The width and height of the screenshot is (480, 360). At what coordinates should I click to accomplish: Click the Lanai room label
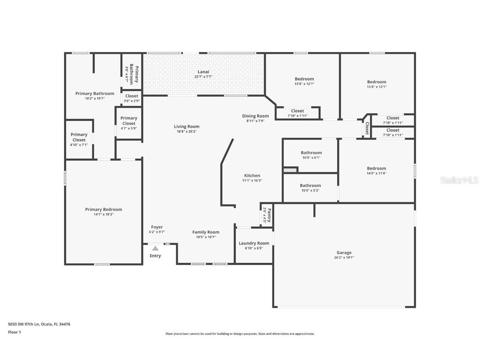point(203,72)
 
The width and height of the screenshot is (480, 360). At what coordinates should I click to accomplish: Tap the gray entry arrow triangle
point(155,248)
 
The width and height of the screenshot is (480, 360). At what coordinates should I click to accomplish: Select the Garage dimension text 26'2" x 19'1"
point(344,257)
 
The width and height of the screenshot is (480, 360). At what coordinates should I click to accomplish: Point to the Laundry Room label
point(254,243)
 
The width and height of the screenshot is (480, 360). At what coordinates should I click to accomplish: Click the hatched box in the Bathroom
point(290,170)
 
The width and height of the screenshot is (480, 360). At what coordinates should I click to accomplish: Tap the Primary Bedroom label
point(103,210)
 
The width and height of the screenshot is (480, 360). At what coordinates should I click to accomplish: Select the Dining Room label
point(255,116)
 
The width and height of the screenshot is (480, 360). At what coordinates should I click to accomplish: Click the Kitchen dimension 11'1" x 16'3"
point(252,181)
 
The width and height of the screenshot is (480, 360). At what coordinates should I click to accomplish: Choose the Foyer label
point(157,227)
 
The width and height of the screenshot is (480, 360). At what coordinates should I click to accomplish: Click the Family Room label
point(205,232)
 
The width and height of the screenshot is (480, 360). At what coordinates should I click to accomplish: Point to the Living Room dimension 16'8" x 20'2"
point(187,132)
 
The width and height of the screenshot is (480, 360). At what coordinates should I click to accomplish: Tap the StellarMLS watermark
point(459,180)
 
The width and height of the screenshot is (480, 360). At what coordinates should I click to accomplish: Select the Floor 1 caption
point(14,332)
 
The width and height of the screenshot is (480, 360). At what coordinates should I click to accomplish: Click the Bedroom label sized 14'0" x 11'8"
point(376,168)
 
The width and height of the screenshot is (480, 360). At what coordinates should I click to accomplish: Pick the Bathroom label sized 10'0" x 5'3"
point(310,185)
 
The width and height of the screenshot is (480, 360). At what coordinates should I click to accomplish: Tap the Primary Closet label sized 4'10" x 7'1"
point(79,137)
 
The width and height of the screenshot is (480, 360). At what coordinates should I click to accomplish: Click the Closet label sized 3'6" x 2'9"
point(132,96)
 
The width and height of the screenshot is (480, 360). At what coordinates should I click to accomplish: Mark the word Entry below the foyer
point(155,256)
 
